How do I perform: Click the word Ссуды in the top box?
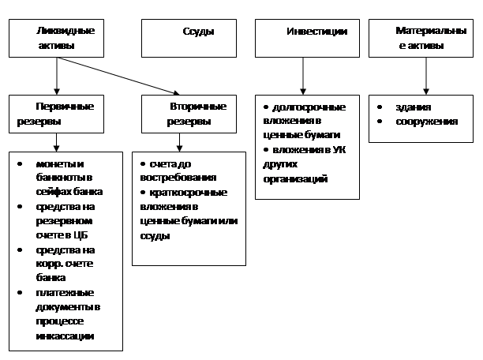tap(198, 32)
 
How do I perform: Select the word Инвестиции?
tap(317, 32)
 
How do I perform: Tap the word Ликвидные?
tap(66, 31)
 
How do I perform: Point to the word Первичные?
tap(65, 107)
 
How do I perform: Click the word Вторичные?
tap(198, 107)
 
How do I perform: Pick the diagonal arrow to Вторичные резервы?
tap(118, 76)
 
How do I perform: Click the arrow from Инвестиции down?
tap(303, 76)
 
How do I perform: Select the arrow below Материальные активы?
tap(426, 76)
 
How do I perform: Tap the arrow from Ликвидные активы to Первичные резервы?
tap(57, 76)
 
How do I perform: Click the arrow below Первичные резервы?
tap(56, 142)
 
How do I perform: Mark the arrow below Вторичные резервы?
tap(179, 142)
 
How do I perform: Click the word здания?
tap(414, 107)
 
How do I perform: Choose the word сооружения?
tap(427, 122)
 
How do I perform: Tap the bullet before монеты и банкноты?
tap(20, 164)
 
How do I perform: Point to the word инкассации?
tap(65, 336)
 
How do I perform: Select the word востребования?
tap(178, 178)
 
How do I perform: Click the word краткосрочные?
tap(188, 193)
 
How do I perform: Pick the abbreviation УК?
tap(339, 150)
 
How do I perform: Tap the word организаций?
tap(295, 179)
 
